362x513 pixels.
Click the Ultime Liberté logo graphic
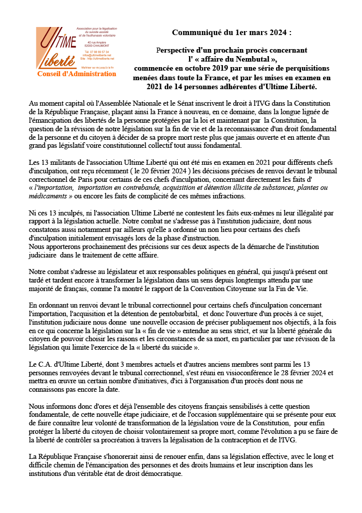[54, 47]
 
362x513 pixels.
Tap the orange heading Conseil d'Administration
[76, 74]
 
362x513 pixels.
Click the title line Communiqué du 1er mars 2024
[231, 33]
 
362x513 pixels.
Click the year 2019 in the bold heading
[222, 68]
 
